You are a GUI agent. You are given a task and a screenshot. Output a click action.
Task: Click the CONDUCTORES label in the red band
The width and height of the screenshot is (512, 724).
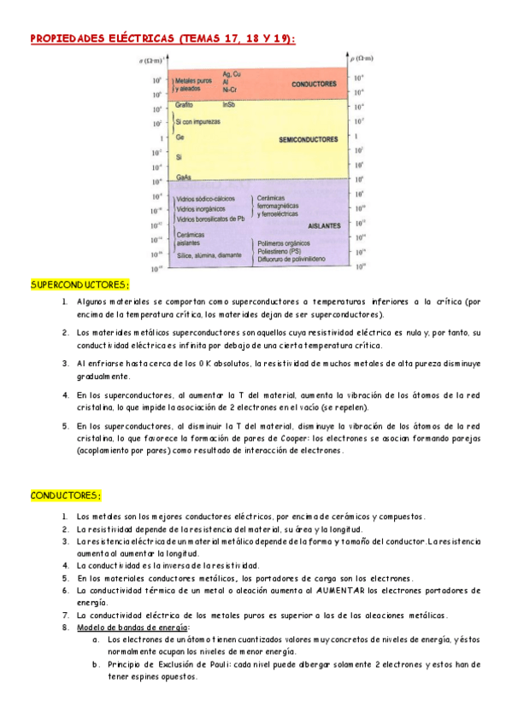coord(313,85)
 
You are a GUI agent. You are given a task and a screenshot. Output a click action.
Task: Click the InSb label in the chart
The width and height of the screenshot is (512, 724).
coord(228,104)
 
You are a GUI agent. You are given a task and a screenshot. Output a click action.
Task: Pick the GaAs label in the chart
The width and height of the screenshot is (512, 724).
coord(183,177)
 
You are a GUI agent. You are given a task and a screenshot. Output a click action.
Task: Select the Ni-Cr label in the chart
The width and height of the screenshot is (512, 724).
coord(229,89)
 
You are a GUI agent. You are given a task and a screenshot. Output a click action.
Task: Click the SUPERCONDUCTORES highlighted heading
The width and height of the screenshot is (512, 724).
coord(79,284)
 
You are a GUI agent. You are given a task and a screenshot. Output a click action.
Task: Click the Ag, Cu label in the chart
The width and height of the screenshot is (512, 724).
coord(232,74)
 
